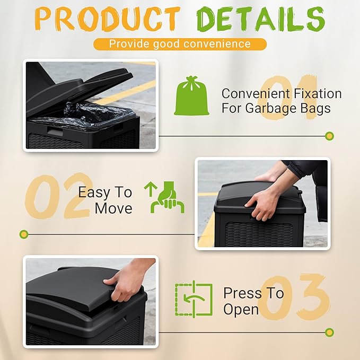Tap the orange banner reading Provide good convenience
point(180,43)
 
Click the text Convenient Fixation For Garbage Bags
point(281,101)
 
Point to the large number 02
point(58,196)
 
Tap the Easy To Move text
point(105,200)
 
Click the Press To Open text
point(253,301)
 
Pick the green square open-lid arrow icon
point(194,301)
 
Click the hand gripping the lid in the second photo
point(262,202)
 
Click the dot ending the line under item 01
point(329,136)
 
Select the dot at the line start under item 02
point(23,233)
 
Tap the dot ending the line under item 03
point(329,332)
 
